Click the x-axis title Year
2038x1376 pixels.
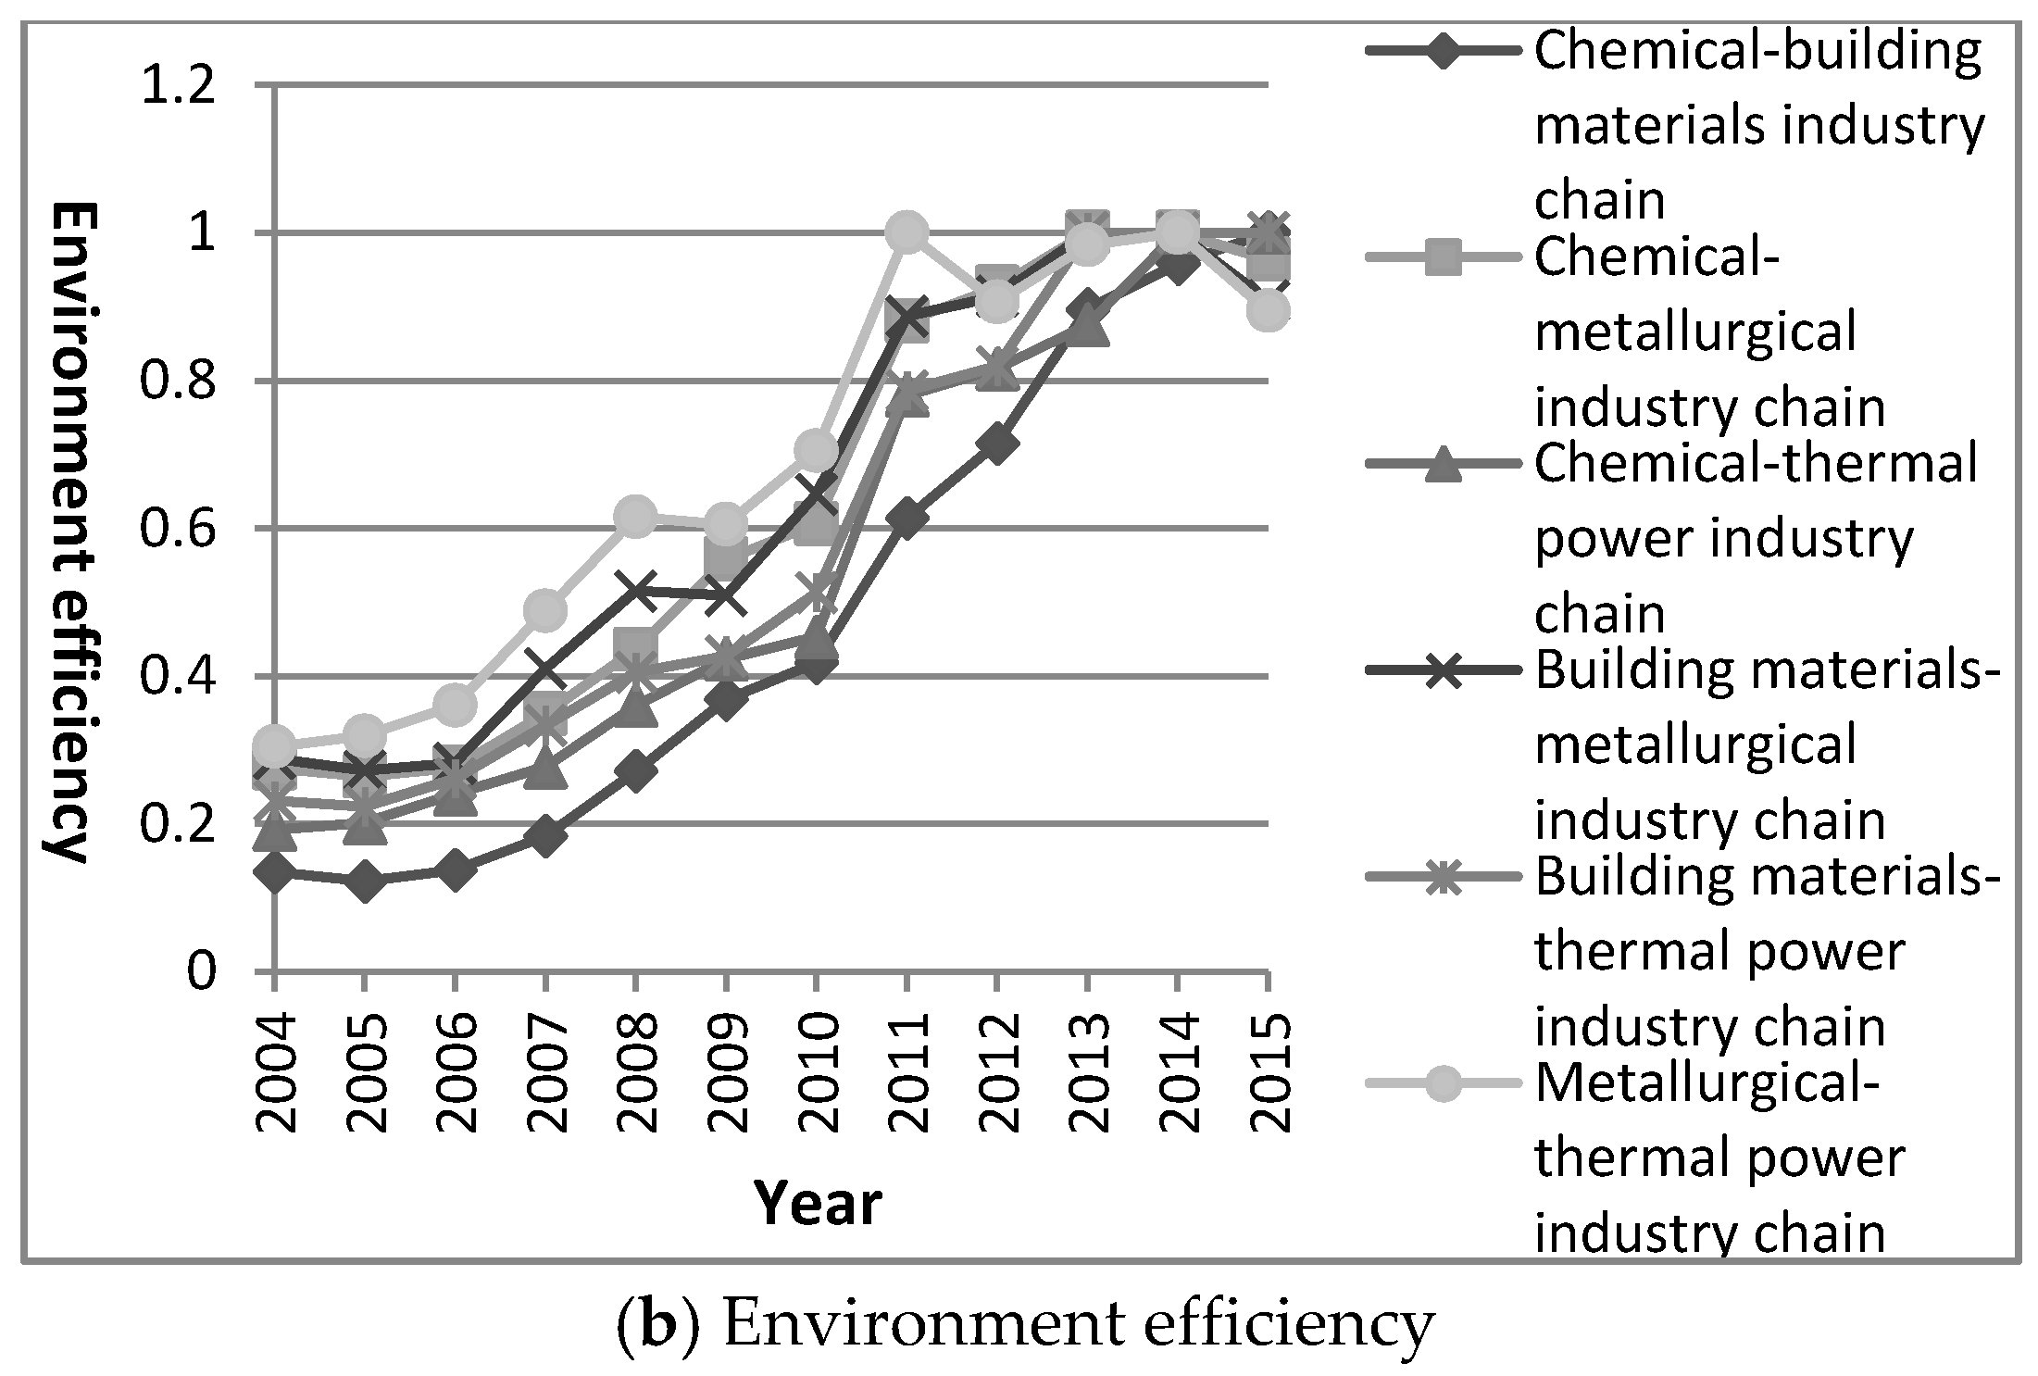tap(818, 1204)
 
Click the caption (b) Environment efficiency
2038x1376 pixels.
tap(1024, 1325)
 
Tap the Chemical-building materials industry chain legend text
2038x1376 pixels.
tap(1757, 125)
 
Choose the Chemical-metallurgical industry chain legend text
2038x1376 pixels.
tap(1708, 333)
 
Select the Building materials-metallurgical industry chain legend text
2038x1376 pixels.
tap(1764, 745)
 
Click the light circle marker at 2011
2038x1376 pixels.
tap(906, 231)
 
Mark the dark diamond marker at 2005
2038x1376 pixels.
tap(365, 881)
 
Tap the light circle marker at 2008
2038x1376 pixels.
tap(635, 515)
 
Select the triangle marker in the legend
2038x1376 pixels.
tap(1444, 466)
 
